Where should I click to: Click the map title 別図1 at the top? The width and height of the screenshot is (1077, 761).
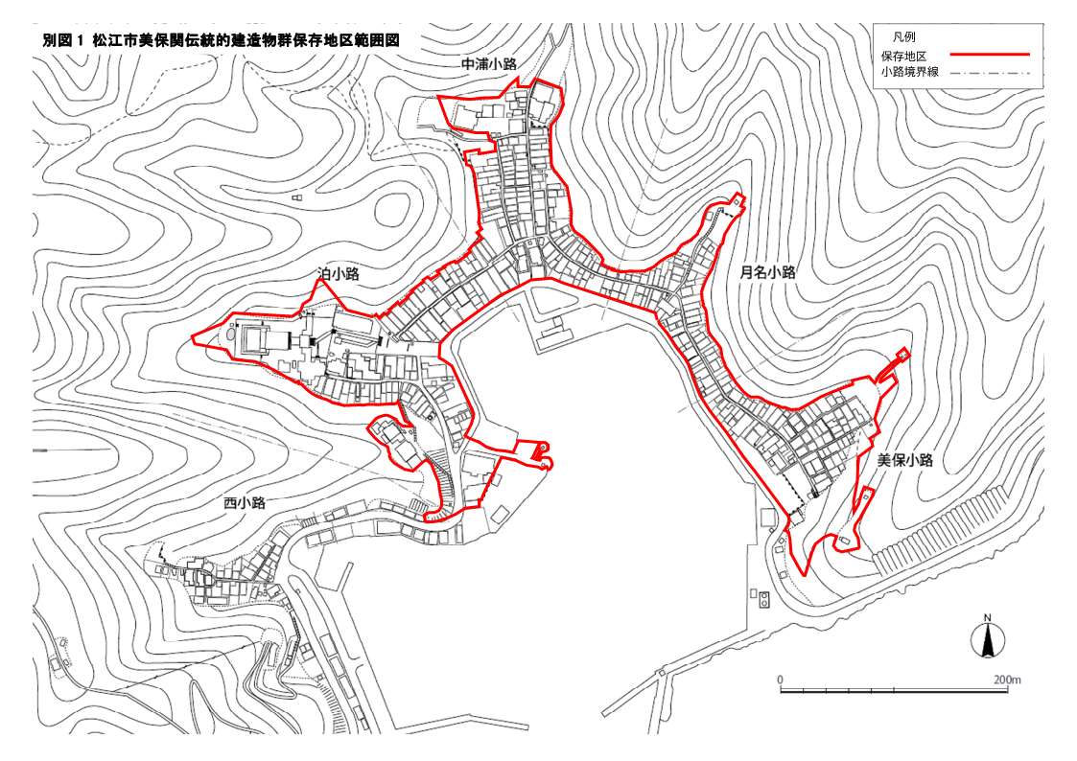coord(65,41)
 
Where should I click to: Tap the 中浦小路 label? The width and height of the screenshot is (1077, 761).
coord(489,64)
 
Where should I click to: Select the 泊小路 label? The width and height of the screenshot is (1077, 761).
coord(339,274)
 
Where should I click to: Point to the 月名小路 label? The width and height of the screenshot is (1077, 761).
coord(767,272)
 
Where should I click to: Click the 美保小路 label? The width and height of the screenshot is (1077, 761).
coord(904,460)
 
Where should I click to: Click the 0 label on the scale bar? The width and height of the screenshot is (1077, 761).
coord(781,680)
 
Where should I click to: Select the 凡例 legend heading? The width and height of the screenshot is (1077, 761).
coord(903,36)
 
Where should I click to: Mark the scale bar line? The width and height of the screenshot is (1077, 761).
coord(893,689)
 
